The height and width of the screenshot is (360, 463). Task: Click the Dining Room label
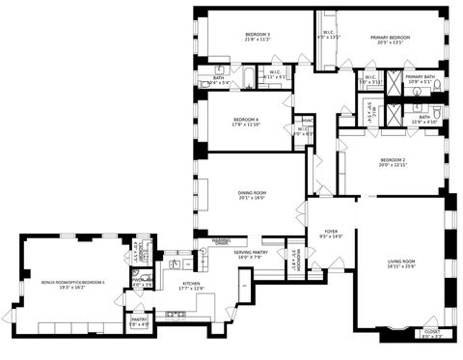click(252, 193)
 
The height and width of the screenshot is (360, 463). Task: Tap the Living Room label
click(401, 262)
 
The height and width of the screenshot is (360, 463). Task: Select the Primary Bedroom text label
click(391, 38)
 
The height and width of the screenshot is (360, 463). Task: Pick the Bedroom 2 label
click(393, 160)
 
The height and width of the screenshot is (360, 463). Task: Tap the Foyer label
click(331, 232)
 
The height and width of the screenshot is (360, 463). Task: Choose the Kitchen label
click(191, 284)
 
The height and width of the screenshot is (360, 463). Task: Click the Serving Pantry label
click(225, 253)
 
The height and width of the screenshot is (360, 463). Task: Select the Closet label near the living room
click(431, 332)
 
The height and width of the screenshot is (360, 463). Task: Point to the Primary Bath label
click(420, 76)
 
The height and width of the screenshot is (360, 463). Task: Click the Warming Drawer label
click(221, 240)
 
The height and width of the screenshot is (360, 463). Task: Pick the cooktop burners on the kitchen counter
click(177, 314)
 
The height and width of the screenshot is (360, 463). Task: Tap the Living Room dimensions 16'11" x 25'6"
click(401, 267)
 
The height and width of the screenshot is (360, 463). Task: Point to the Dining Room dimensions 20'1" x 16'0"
click(252, 199)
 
